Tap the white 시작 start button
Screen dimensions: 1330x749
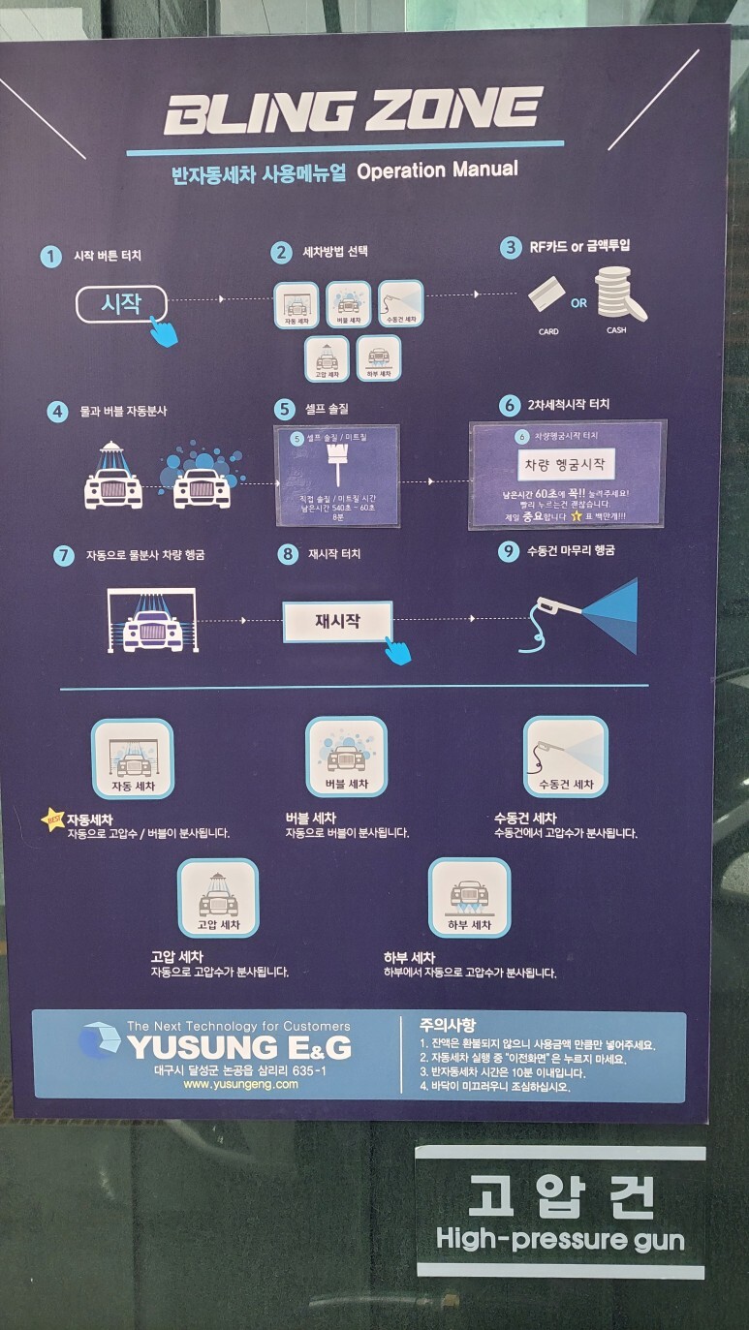(x=121, y=303)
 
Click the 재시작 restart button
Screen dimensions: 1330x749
(x=337, y=621)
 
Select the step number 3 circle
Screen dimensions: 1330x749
(x=510, y=248)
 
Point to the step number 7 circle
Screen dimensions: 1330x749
(x=64, y=555)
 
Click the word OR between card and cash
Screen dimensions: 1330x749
(x=578, y=303)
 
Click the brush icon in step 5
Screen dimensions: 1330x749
(x=338, y=468)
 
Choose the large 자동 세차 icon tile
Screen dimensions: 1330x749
(x=133, y=758)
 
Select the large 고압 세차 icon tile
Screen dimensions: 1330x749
(x=218, y=898)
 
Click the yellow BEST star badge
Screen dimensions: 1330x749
(x=52, y=820)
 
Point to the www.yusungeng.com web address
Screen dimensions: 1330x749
(x=240, y=1084)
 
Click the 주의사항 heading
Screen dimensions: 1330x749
(x=448, y=1025)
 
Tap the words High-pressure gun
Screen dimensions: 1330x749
(x=560, y=1238)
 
